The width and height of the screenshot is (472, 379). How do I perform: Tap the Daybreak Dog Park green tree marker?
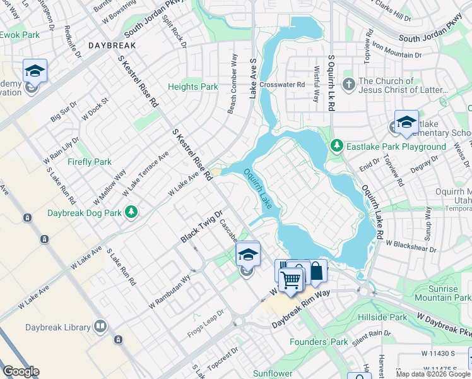[131, 212]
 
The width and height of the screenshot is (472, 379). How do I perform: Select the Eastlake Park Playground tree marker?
[337, 147]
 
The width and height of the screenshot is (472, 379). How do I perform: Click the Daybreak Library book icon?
[99, 327]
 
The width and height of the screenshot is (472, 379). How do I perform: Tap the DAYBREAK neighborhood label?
[113, 46]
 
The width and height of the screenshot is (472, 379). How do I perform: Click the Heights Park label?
[192, 87]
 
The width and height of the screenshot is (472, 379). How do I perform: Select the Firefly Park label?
[90, 162]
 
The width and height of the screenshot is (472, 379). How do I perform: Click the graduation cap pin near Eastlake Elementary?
[406, 121]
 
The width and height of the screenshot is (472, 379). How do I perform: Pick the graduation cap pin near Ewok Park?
[35, 70]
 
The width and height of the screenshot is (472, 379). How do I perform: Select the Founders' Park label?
[319, 342]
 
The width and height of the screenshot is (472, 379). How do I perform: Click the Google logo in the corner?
[21, 371]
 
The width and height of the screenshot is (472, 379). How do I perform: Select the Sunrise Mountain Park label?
[445, 293]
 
